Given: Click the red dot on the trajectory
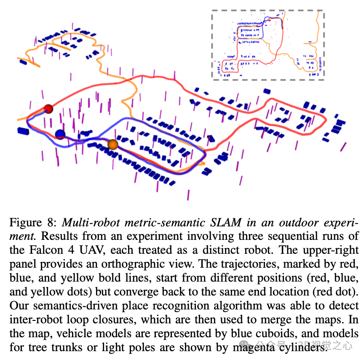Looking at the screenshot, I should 48,109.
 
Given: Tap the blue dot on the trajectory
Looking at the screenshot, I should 60,134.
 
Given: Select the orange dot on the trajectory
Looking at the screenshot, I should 112,145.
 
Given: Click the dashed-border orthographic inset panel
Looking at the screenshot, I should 268,44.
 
